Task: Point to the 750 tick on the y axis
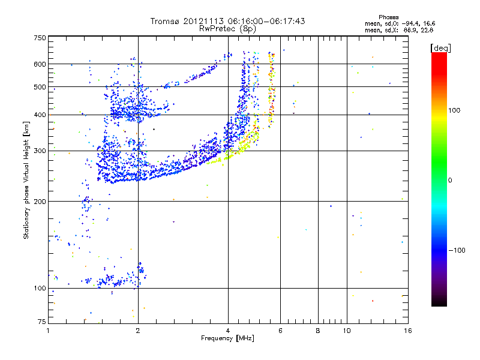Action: [40, 38]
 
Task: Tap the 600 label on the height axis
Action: [40, 64]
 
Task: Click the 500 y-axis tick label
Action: [40, 86]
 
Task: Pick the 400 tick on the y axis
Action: [40, 115]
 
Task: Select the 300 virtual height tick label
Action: [40, 151]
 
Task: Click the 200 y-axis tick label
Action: [40, 201]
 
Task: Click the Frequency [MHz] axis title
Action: [227, 338]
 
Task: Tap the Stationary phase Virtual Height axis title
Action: [26, 180]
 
